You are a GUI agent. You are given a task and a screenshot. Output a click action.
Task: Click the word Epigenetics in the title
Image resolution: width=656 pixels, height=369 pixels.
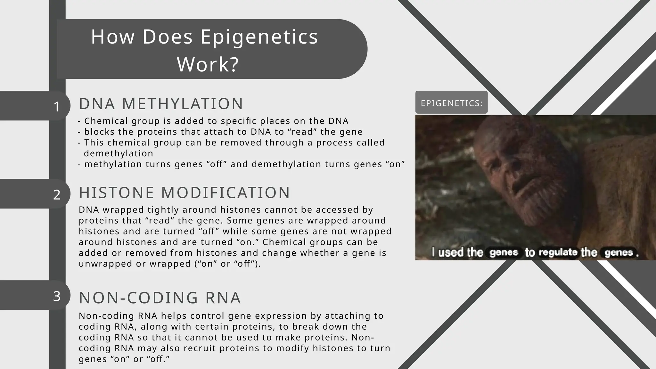pyautogui.click(x=259, y=37)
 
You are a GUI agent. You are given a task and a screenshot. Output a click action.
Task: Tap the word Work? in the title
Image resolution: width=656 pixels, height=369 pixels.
pyautogui.click(x=208, y=65)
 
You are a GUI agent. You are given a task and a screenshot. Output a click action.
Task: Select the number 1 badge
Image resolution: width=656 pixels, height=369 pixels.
pyautogui.click(x=57, y=107)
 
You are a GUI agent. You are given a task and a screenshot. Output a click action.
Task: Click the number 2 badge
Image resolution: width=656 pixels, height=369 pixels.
pyautogui.click(x=57, y=195)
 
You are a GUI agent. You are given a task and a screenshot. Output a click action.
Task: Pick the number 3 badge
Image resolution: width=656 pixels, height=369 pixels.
pyautogui.click(x=57, y=296)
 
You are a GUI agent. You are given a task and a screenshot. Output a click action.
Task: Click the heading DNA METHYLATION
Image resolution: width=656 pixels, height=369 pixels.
pyautogui.click(x=161, y=104)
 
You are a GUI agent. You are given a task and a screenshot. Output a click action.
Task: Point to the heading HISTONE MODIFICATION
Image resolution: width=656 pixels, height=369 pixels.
pyautogui.click(x=184, y=193)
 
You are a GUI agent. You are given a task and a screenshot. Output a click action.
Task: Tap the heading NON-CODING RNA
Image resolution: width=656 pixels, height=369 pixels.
pyautogui.click(x=160, y=298)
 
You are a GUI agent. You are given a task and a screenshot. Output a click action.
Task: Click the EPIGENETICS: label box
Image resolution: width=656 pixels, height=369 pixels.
pyautogui.click(x=451, y=103)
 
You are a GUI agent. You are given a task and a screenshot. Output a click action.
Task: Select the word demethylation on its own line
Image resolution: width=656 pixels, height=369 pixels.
pyautogui.click(x=119, y=153)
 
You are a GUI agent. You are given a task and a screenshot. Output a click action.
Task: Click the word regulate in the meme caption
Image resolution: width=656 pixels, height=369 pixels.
pyautogui.click(x=558, y=252)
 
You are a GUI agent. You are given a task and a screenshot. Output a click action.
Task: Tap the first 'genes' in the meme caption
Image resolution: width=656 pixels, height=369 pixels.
pyautogui.click(x=504, y=253)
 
